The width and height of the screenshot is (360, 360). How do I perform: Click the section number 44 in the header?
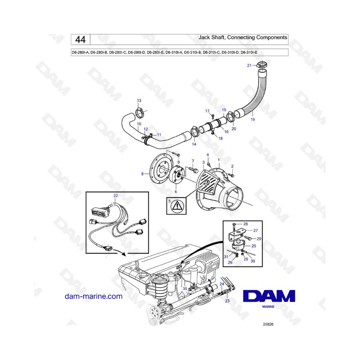coord(80,40)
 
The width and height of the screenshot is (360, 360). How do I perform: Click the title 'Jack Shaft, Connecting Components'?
coord(243,38)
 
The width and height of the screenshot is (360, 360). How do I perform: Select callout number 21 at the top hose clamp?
coord(249,66)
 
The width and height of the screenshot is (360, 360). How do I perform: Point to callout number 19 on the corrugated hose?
coord(252,119)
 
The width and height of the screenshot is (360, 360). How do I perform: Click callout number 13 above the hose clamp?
coord(139,100)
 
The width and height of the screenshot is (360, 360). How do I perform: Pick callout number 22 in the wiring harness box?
coord(116,196)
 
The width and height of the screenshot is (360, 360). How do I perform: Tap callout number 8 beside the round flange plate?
coord(142,174)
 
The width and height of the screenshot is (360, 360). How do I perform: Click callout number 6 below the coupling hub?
coord(176,192)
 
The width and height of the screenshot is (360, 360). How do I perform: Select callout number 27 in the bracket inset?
coord(256,230)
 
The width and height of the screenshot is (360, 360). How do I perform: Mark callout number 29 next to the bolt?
coord(259,239)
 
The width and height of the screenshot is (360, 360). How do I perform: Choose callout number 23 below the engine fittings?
coord(227,301)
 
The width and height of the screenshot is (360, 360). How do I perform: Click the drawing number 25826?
coord(268,324)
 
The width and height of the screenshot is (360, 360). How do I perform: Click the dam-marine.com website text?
coord(94,296)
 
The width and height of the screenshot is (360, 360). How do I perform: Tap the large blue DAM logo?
coord(269,296)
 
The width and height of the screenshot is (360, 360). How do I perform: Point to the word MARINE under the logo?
coord(268,306)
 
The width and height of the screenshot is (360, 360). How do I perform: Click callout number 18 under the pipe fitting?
coord(220,138)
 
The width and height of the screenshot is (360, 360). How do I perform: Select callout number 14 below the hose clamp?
coord(194,144)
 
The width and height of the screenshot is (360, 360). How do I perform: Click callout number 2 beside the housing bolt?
coord(232,166)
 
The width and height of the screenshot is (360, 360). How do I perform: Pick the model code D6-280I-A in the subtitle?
coord(80,52)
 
